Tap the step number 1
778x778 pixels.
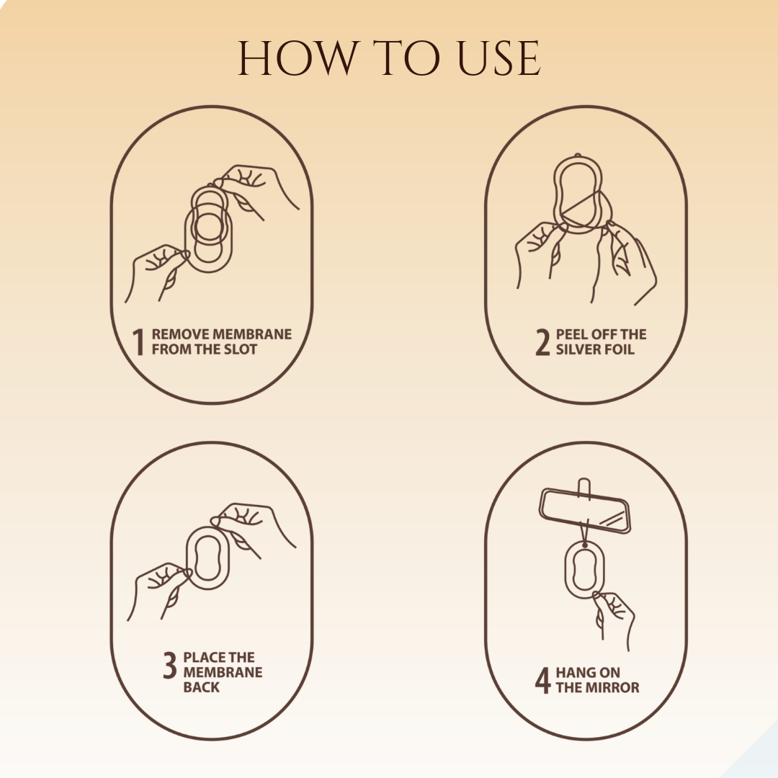click(138, 342)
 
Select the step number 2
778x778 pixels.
click(543, 342)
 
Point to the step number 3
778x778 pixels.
click(170, 665)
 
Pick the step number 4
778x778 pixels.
click(543, 680)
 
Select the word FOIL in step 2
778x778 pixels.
click(619, 349)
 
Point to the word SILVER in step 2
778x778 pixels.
click(577, 349)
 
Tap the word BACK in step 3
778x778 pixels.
click(202, 687)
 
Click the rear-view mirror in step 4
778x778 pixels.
click(584, 511)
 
